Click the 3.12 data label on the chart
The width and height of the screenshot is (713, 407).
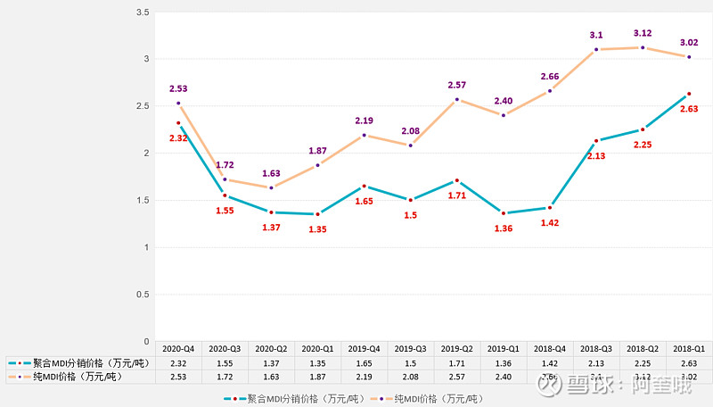(642, 32)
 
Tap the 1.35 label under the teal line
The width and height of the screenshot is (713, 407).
(318, 228)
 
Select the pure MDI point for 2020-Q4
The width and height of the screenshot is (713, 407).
(178, 104)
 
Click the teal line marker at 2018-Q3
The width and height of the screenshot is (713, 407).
(596, 141)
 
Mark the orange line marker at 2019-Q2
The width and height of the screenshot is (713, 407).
(457, 100)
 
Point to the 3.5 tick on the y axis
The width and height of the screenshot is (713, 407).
(142, 12)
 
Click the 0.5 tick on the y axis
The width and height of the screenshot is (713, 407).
(142, 294)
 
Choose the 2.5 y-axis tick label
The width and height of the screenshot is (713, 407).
(142, 106)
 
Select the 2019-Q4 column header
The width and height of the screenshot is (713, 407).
(365, 348)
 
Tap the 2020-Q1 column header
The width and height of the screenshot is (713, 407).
(318, 348)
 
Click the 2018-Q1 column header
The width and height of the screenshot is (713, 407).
(689, 348)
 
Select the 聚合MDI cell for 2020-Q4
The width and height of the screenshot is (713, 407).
(178, 362)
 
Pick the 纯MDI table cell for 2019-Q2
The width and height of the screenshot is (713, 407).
(457, 377)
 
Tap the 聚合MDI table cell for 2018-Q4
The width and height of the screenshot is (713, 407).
(550, 362)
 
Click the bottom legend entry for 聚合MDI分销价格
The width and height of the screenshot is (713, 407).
(290, 398)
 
